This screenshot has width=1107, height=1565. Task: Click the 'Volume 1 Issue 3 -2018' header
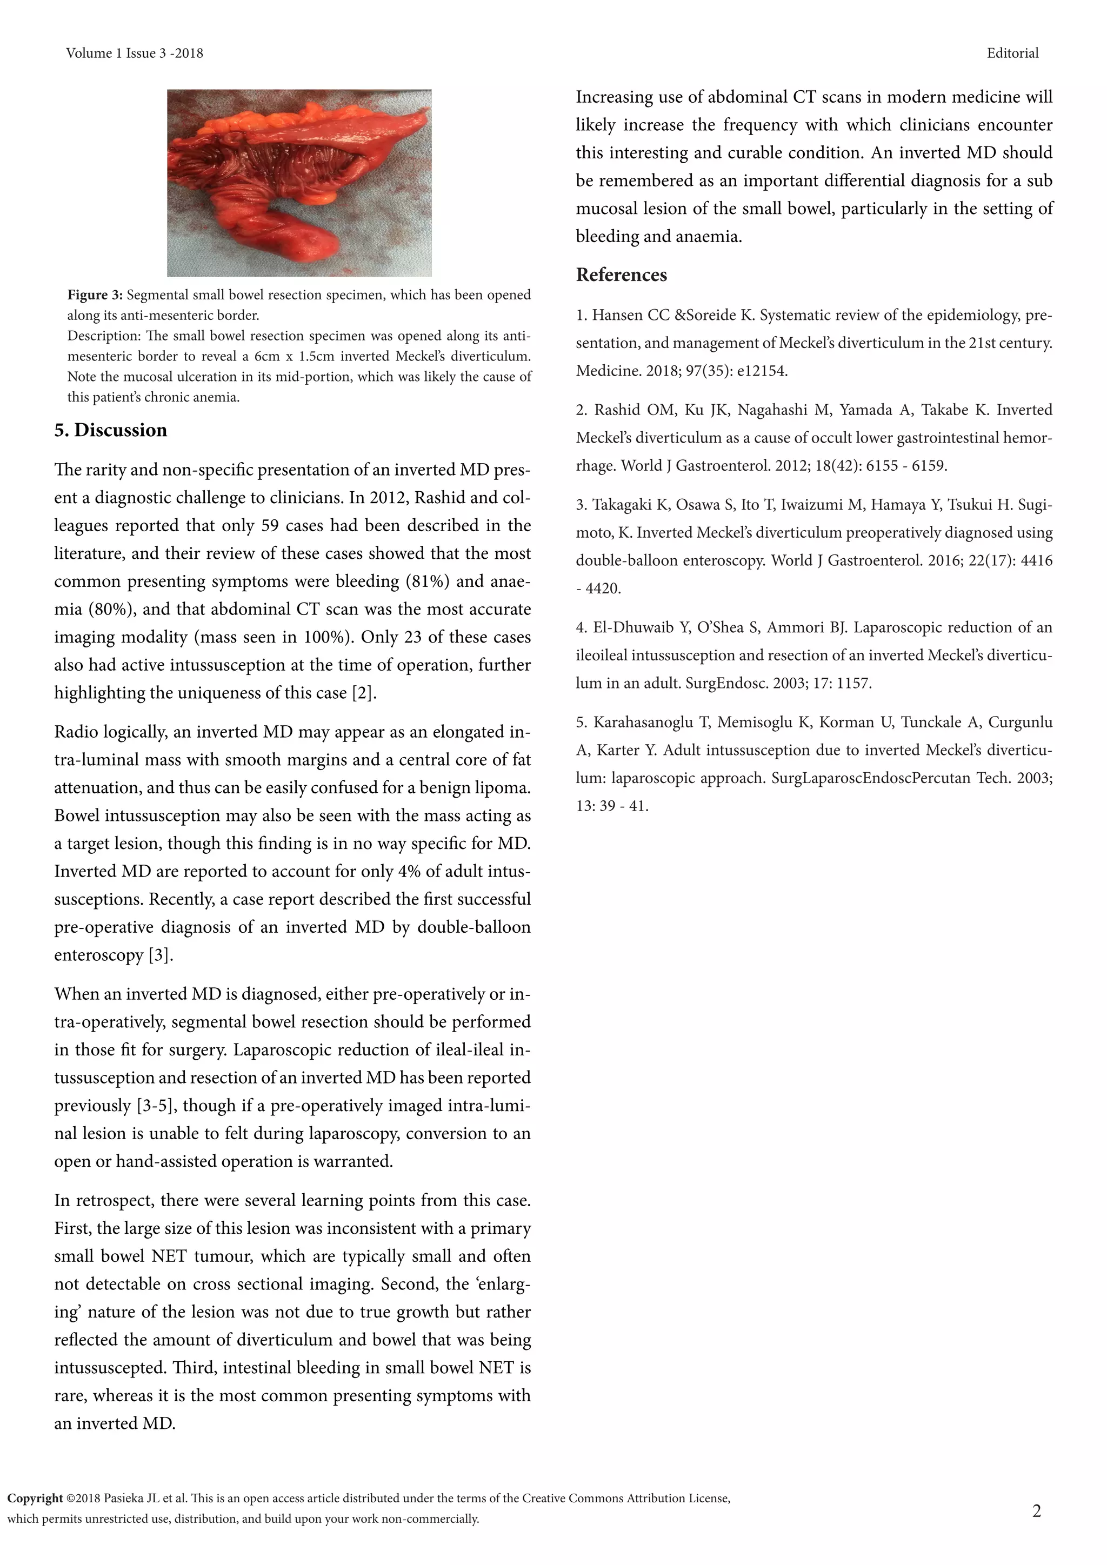pos(134,53)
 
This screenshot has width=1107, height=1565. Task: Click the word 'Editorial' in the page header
pos(1012,53)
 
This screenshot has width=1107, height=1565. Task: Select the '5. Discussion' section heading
pos(110,430)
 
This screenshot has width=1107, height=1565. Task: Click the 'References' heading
pos(621,275)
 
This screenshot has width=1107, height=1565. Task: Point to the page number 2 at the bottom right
pos(1037,1511)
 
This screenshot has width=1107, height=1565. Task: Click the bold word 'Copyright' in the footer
pos(35,1498)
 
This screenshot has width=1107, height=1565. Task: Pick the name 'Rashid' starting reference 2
pos(616,410)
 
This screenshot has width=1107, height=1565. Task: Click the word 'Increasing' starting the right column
pos(614,97)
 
